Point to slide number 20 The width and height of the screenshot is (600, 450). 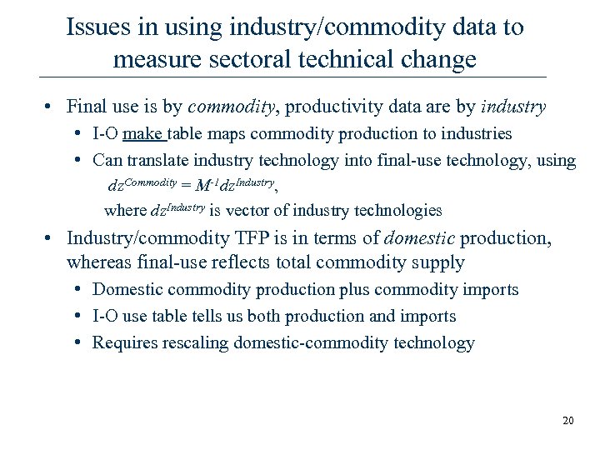coord(568,421)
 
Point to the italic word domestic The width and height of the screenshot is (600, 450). coord(419,239)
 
